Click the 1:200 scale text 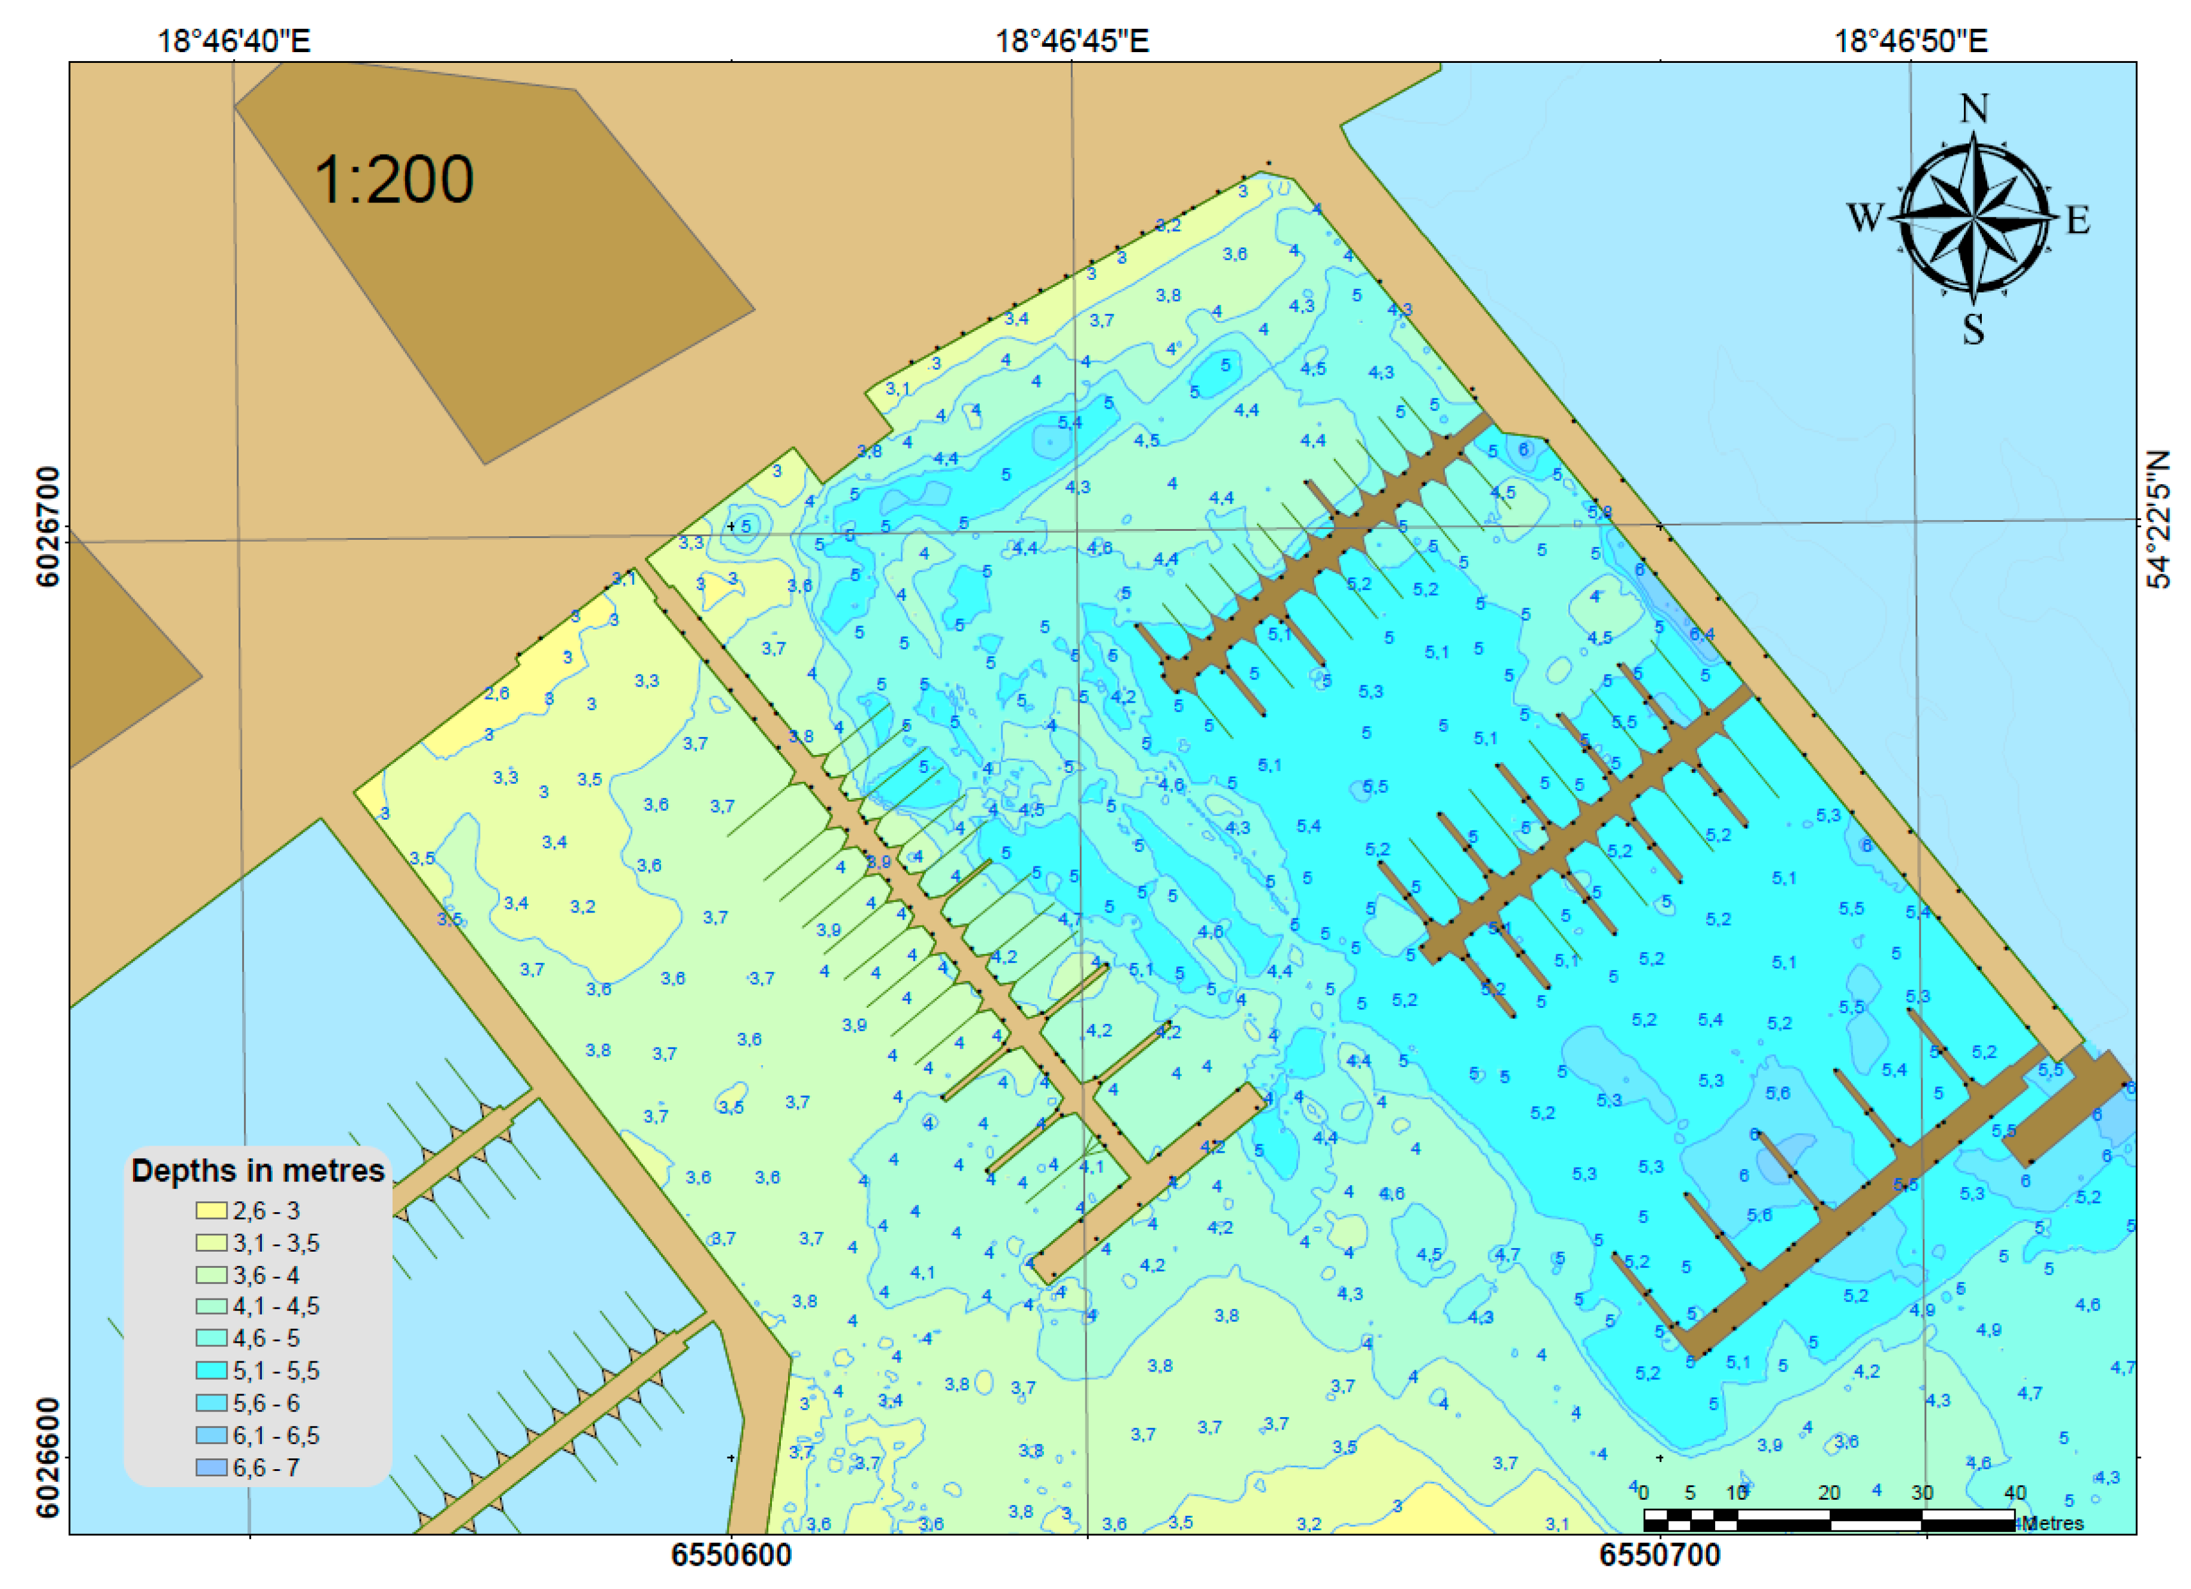coord(393,180)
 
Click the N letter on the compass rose coord(1973,108)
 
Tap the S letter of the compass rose coord(1973,330)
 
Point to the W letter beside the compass coord(1866,217)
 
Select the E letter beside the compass coord(2078,220)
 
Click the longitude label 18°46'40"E coord(234,41)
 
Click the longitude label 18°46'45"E coord(1072,41)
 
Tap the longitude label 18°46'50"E coord(1911,41)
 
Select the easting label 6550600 coord(731,1555)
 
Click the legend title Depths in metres coord(258,1171)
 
